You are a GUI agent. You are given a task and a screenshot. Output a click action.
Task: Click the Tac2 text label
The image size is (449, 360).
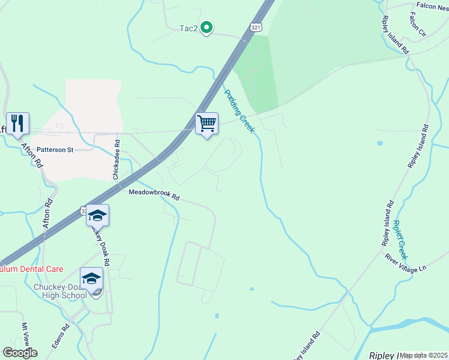tap(188, 28)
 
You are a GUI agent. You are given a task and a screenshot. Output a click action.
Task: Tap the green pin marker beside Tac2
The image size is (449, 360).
tap(206, 27)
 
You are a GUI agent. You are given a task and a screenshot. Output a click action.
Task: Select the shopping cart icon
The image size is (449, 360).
tap(206, 124)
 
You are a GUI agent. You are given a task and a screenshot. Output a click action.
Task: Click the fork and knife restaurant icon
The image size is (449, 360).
tap(18, 124)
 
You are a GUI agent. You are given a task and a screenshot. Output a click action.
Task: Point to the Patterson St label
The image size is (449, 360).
tap(55, 149)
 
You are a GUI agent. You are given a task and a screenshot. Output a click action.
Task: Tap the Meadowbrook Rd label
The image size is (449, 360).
tap(154, 194)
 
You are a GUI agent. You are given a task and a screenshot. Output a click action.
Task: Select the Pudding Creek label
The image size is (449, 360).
tap(240, 111)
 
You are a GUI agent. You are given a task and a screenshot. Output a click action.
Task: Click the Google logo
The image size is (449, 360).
tap(20, 353)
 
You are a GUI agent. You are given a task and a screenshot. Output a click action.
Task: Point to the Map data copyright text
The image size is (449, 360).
tap(424, 355)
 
